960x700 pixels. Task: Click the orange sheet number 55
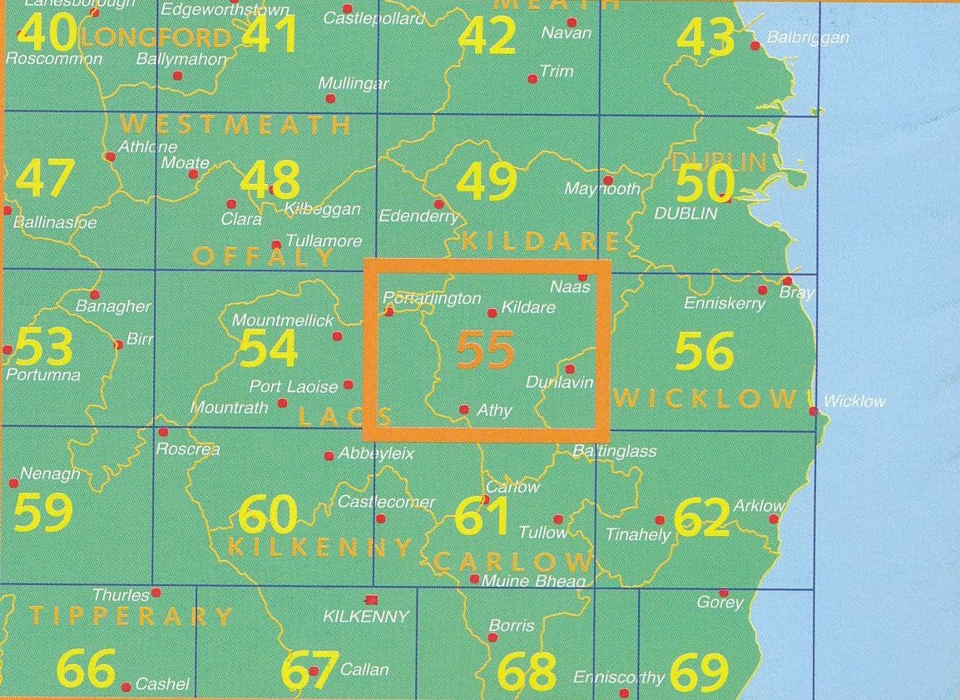[486, 350]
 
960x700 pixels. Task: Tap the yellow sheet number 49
[487, 181]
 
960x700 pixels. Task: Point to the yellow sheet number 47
[45, 178]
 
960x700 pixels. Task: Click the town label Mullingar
[354, 84]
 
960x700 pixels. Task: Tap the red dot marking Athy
[464, 409]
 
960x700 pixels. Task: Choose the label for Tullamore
[324, 241]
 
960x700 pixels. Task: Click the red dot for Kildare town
[492, 313]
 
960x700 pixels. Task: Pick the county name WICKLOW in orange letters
[705, 400]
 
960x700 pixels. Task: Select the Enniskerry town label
[725, 304]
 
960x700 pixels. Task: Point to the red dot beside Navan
[572, 22]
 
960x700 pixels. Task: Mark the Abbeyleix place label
[376, 454]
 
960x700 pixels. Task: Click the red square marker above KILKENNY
[371, 599]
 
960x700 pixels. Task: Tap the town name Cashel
[162, 684]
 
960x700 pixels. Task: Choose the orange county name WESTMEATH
[235, 126]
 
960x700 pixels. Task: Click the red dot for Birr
[118, 344]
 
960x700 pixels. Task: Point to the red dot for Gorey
[724, 593]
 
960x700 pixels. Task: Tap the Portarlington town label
[432, 298]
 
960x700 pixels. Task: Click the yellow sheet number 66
[87, 668]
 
